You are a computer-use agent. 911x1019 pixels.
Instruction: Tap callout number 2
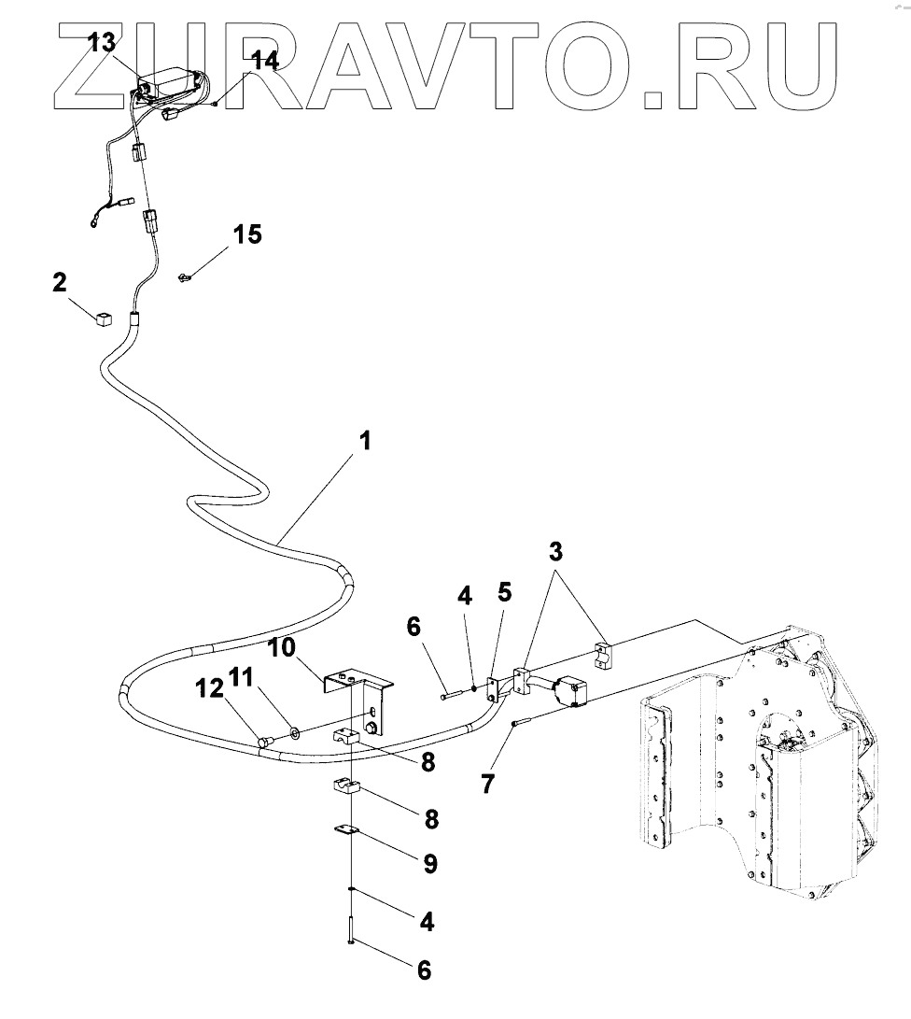coord(60,281)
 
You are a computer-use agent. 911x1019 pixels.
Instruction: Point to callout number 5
coord(504,592)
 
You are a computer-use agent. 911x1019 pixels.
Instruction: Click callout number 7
coord(487,783)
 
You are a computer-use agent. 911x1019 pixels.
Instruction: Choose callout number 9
coord(429,863)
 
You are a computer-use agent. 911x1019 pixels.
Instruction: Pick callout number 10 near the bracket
coord(283,646)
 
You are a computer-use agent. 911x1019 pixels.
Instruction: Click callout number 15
coord(247,234)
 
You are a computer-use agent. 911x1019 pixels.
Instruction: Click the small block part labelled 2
coord(103,318)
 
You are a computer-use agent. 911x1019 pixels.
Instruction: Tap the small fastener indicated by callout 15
coord(184,276)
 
